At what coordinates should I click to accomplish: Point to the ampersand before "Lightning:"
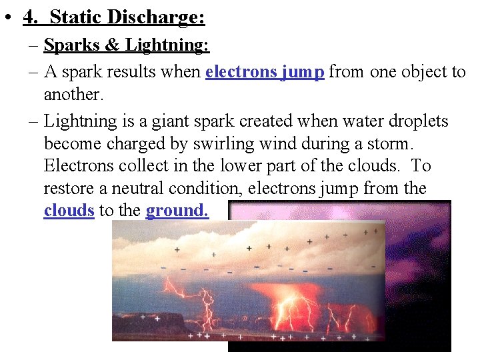[111, 45]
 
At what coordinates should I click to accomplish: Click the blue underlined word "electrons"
[241, 71]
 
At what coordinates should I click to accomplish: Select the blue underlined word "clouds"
[69, 210]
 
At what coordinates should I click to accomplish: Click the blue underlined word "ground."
[177, 211]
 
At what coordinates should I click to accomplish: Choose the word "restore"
[71, 189]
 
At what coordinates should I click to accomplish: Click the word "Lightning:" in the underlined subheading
[167, 45]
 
